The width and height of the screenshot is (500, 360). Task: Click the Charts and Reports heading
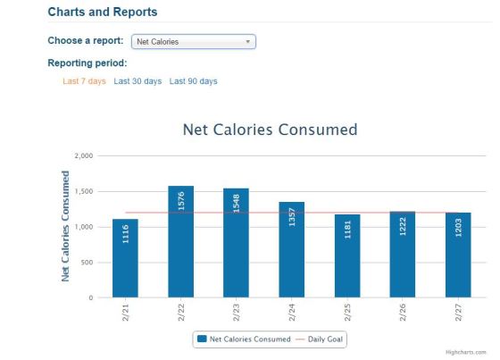click(102, 13)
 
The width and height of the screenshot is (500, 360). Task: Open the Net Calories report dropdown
click(193, 41)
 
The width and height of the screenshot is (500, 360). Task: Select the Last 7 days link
click(84, 81)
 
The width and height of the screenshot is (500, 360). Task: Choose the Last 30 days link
click(137, 81)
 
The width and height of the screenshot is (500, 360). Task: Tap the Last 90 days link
click(193, 81)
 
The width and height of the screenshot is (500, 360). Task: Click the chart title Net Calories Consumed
click(270, 130)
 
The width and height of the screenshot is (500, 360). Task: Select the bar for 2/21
click(125, 258)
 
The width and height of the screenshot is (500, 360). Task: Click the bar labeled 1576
click(180, 241)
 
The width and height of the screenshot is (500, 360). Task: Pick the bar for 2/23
click(236, 242)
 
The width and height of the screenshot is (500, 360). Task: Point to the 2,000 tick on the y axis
click(84, 155)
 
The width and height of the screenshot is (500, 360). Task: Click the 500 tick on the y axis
click(87, 263)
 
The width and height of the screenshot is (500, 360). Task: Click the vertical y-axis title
click(65, 226)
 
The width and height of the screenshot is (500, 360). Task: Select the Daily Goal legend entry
click(322, 339)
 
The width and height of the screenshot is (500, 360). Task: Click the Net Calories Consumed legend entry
click(244, 339)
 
